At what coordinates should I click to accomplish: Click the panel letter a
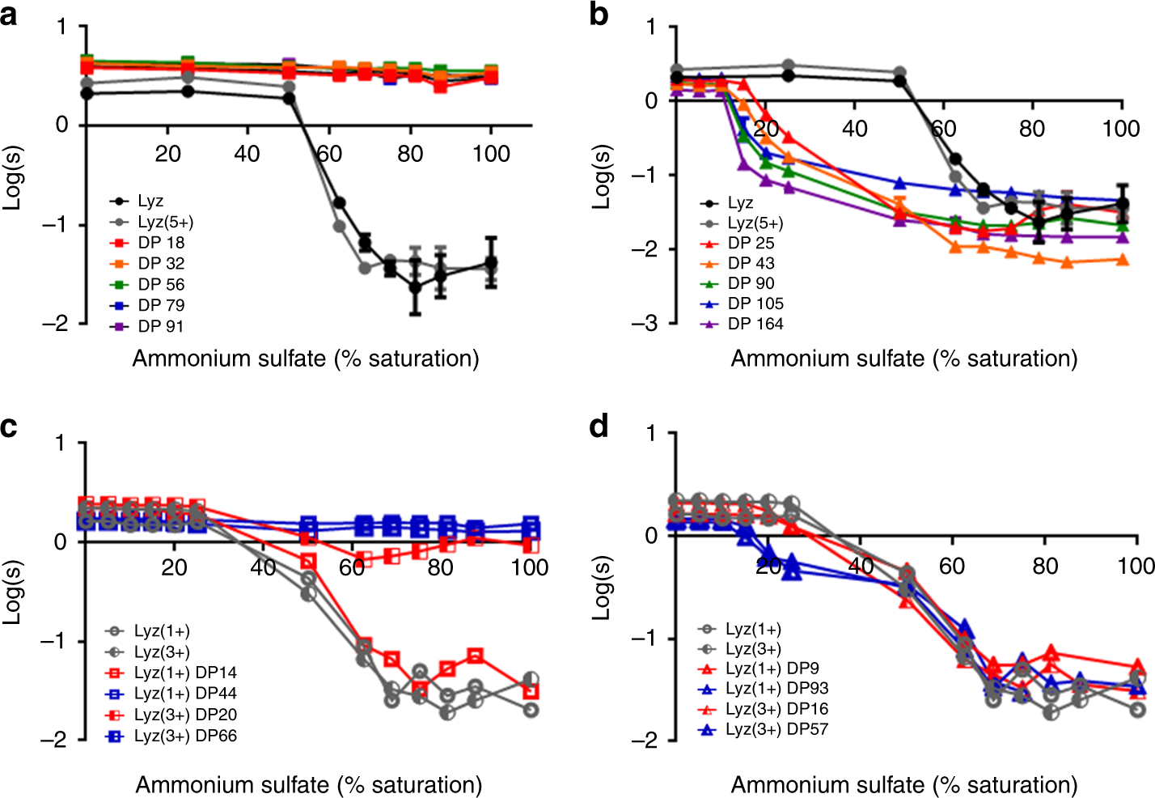pyautogui.click(x=9, y=14)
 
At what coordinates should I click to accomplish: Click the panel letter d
pyautogui.click(x=599, y=425)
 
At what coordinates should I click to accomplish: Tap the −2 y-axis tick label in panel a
pyautogui.click(x=55, y=324)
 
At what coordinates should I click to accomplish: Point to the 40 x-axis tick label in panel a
pyautogui.click(x=247, y=154)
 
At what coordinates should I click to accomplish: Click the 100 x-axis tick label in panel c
pyautogui.click(x=530, y=568)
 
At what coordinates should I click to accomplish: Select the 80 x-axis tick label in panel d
pyautogui.click(x=1045, y=566)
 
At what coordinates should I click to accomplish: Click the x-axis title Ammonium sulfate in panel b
pyautogui.click(x=903, y=359)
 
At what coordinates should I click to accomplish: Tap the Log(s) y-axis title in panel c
pyautogui.click(x=11, y=591)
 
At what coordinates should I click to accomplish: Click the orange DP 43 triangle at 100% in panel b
pyautogui.click(x=1122, y=260)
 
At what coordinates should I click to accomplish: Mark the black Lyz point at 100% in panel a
pyautogui.click(x=491, y=263)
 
